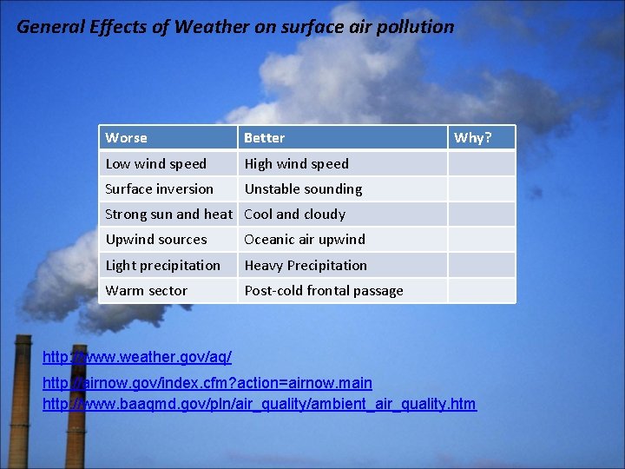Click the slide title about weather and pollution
click(x=235, y=27)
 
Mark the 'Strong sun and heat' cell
click(x=168, y=215)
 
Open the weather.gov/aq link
click(x=137, y=357)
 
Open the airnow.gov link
click(x=207, y=383)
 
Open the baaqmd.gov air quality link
click(x=260, y=404)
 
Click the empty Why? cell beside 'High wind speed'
click(x=481, y=164)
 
